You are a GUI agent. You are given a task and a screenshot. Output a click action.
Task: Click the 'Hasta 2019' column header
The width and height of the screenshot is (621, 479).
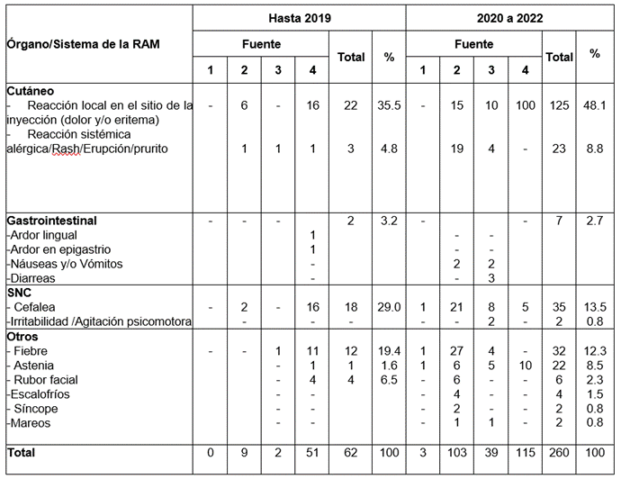pos(299,17)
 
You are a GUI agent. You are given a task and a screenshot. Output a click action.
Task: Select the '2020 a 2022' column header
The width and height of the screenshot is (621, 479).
pos(509,17)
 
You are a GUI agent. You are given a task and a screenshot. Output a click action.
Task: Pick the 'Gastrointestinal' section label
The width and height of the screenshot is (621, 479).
pos(51,220)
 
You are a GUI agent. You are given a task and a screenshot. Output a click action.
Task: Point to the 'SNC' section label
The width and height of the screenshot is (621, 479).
pos(20,294)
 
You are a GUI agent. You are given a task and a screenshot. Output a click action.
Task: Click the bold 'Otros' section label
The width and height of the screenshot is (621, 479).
pos(23,336)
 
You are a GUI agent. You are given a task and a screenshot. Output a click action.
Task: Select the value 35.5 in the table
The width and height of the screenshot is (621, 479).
pos(389,105)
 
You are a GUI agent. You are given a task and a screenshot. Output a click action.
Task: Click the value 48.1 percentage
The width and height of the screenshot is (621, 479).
pos(595,105)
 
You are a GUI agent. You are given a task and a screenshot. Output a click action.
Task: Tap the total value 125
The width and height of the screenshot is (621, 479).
pos(560,105)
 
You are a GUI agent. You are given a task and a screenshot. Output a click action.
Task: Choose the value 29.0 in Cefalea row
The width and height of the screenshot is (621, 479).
pos(389,307)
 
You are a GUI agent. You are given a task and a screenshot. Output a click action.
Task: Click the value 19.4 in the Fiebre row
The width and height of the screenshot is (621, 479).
pos(389,351)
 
